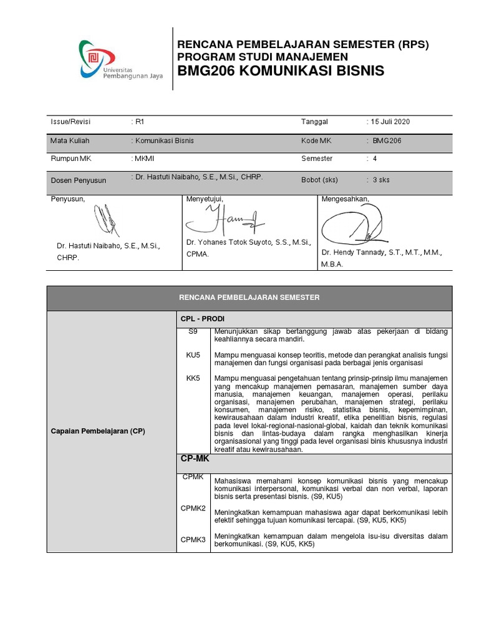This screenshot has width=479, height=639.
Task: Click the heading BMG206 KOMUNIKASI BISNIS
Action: coord(281,71)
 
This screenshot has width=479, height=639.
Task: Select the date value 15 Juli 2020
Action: coord(390,122)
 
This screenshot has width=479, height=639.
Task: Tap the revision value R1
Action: coord(140,122)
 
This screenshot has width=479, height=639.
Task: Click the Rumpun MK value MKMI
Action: coord(144,159)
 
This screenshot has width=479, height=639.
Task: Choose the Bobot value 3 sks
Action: coord(380,180)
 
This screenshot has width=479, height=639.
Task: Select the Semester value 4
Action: coord(375,159)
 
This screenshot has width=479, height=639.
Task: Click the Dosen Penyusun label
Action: coord(78,180)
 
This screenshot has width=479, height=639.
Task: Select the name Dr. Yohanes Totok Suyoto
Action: coord(248,241)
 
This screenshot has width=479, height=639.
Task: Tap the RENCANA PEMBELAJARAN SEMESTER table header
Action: coord(249,298)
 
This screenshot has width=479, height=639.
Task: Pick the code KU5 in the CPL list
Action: coord(193,354)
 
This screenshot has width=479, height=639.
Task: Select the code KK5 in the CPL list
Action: coord(193,378)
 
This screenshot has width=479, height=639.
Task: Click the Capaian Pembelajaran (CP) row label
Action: coord(98,431)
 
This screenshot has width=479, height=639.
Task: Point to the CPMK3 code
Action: coord(193,540)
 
